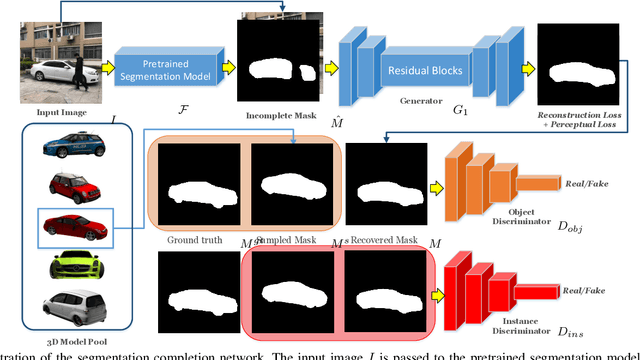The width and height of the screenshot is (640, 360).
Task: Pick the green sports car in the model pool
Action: [x=73, y=265]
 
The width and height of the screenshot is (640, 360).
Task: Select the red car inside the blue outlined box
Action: [x=74, y=226]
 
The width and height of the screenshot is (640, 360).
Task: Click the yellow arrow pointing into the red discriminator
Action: [x=436, y=296]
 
